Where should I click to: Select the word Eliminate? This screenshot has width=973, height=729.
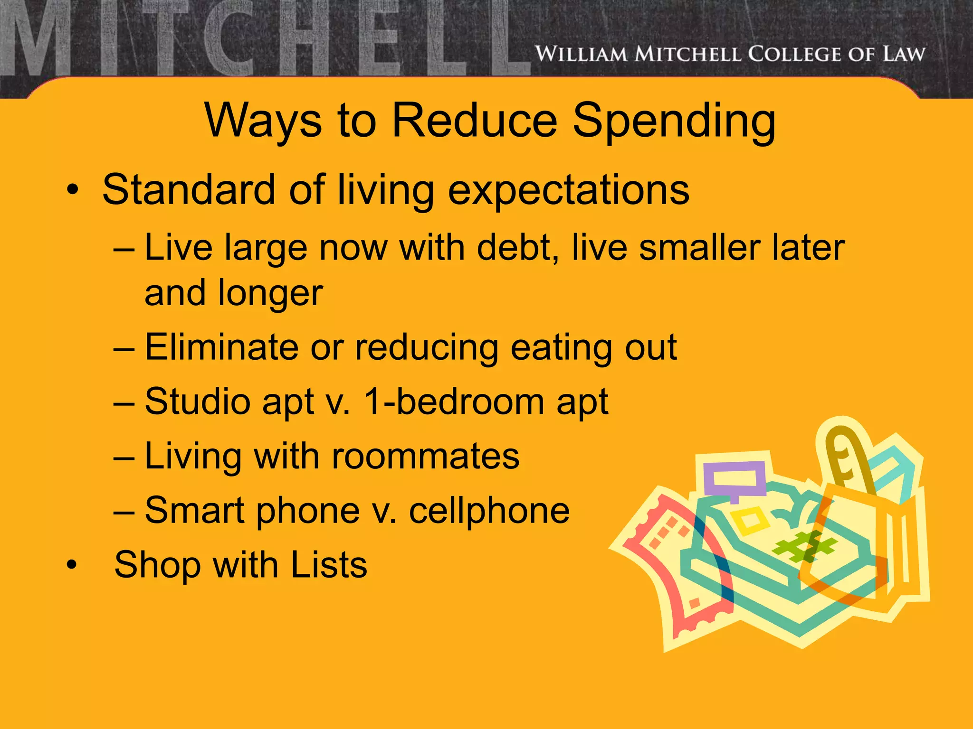[221, 347]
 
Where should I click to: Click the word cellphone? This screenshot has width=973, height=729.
[489, 511]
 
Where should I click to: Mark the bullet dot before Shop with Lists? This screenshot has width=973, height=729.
[72, 565]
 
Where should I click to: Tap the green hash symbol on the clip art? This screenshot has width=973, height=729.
[803, 546]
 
